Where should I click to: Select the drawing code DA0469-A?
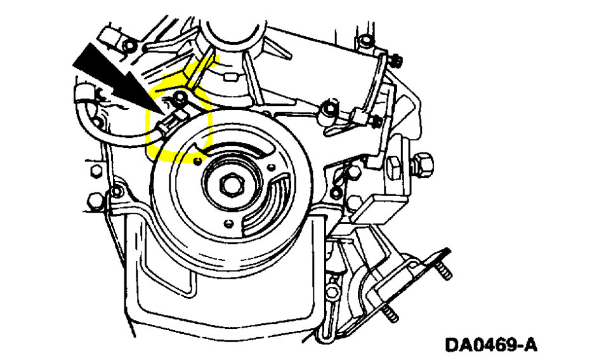pos(491,345)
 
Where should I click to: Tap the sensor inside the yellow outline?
pos(170,120)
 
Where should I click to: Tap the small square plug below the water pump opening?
pos(232,77)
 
